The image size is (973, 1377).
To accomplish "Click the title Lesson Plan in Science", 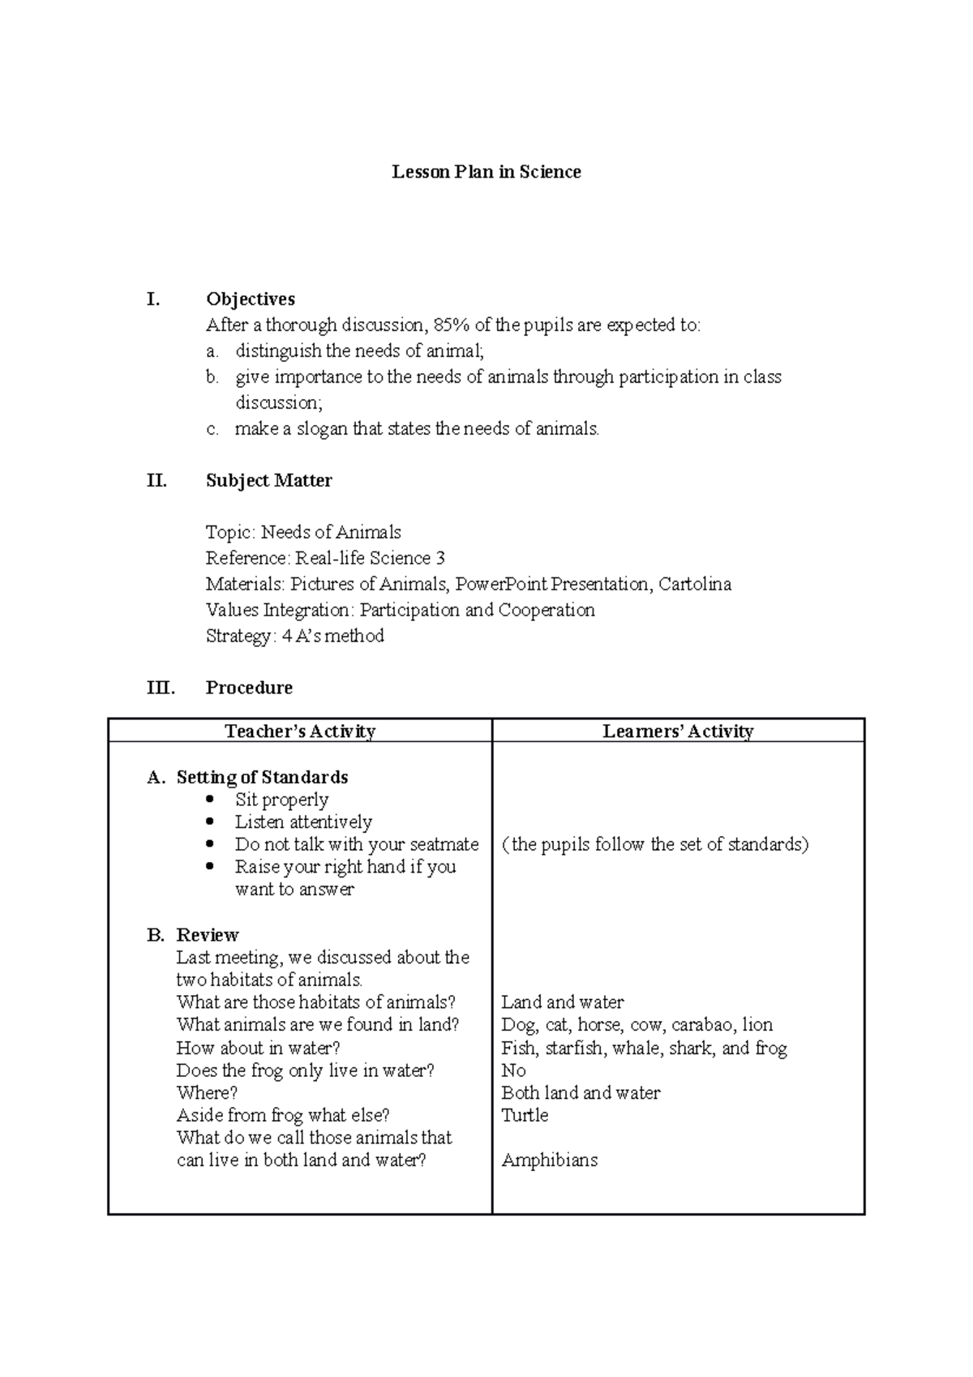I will click(486, 172).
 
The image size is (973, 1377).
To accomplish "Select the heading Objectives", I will click(251, 299).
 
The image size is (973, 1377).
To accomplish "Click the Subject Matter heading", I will click(269, 481).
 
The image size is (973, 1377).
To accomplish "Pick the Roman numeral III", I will click(161, 688).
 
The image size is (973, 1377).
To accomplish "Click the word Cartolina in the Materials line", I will click(695, 584).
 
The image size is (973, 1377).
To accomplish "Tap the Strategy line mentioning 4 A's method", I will click(295, 636).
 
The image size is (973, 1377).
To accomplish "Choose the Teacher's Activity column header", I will click(300, 731).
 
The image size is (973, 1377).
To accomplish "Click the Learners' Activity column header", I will click(678, 731).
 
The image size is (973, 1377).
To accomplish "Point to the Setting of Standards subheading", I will click(262, 777).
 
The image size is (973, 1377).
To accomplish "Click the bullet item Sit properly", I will click(282, 800).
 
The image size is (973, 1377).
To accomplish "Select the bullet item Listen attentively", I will click(303, 822).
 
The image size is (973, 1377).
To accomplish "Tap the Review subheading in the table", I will click(208, 935).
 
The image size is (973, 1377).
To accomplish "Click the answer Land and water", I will click(563, 1002).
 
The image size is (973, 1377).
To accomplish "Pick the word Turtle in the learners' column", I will click(525, 1115).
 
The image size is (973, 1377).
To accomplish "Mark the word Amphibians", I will click(550, 1160).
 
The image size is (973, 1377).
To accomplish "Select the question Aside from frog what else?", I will click(283, 1115).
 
